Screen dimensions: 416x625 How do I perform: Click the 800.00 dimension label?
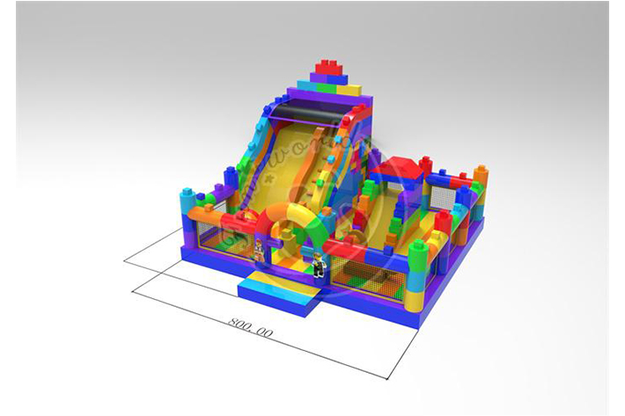[x=251, y=325]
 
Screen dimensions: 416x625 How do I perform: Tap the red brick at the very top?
[x=330, y=68]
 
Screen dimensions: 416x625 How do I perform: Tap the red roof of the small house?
[x=401, y=165]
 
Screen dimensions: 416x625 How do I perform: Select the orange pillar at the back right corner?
[x=481, y=183]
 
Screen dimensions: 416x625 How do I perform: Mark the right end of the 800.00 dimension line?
[x=387, y=379]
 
